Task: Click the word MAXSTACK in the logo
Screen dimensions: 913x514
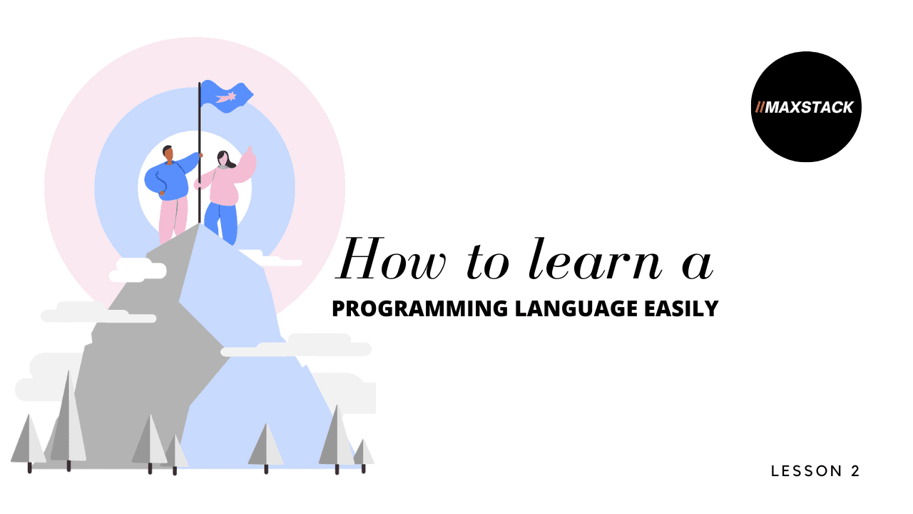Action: click(x=809, y=107)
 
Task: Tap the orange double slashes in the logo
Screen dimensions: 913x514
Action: click(x=760, y=107)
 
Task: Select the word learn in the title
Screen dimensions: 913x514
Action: click(x=596, y=259)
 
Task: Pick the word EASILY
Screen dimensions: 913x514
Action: click(x=681, y=308)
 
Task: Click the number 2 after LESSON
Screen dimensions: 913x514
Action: click(x=855, y=471)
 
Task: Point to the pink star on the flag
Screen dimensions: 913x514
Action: click(x=226, y=98)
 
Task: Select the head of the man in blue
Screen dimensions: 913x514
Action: click(x=168, y=153)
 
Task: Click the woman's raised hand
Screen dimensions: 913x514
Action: click(x=249, y=152)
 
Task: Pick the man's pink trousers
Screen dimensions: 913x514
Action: click(x=173, y=218)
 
